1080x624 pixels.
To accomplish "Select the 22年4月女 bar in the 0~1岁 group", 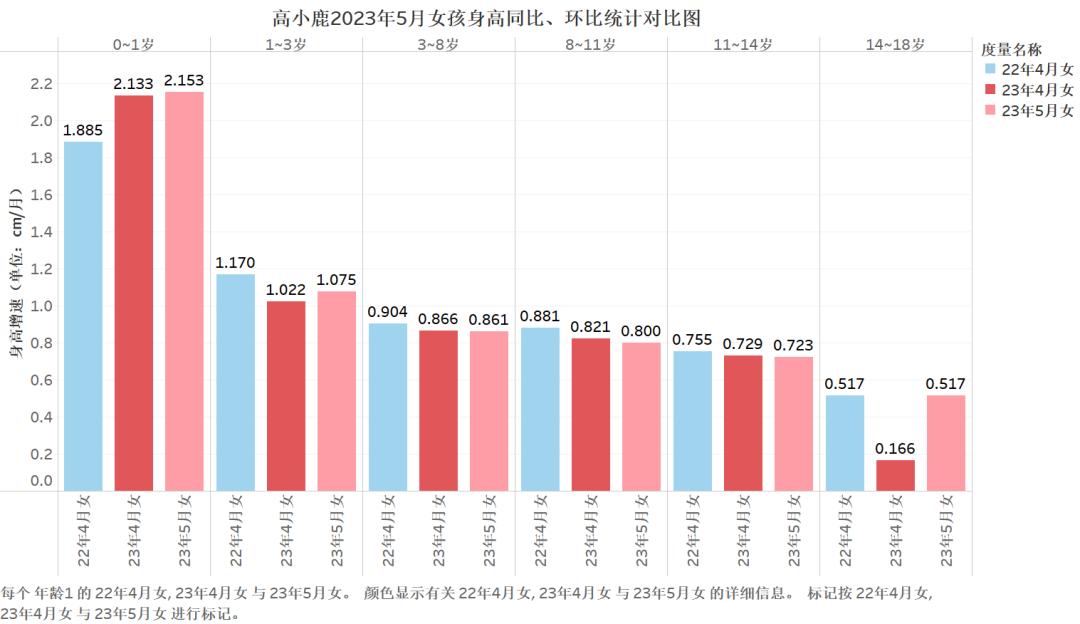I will (x=83, y=315).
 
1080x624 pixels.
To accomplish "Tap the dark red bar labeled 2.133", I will (x=133, y=292).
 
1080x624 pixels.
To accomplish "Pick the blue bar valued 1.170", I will (x=235, y=382).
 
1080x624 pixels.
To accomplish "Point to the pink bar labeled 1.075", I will (x=336, y=390).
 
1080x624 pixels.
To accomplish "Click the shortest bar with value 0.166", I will (x=895, y=475).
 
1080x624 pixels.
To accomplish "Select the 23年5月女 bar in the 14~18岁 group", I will (x=946, y=442).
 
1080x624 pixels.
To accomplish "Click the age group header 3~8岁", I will (x=438, y=45).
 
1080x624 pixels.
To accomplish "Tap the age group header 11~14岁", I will (x=743, y=45).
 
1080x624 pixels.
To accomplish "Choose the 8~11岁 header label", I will (x=590, y=45).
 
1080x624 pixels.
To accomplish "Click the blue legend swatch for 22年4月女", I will (x=990, y=70).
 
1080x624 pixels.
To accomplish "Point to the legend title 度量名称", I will (x=1012, y=49).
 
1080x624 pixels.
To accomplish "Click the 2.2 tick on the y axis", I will (x=41, y=84).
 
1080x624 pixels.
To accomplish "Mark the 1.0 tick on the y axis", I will (x=41, y=306).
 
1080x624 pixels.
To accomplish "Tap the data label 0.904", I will (x=387, y=311).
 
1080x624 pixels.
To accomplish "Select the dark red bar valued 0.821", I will (x=590, y=414).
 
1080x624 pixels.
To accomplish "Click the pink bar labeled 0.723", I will (x=793, y=423).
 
